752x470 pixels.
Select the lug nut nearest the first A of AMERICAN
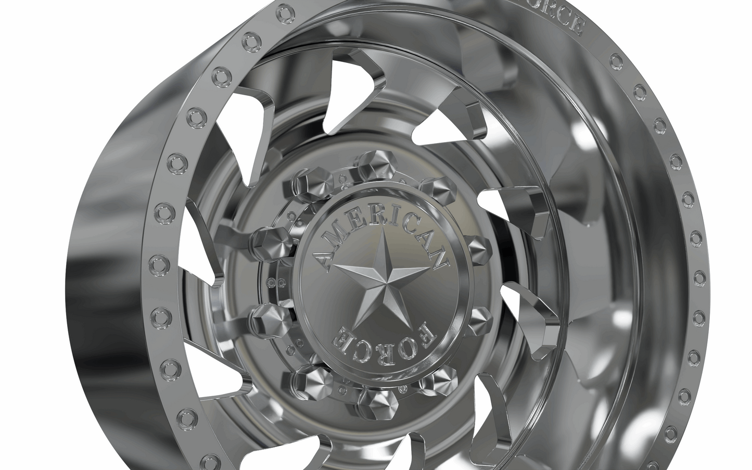[x=266, y=240]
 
